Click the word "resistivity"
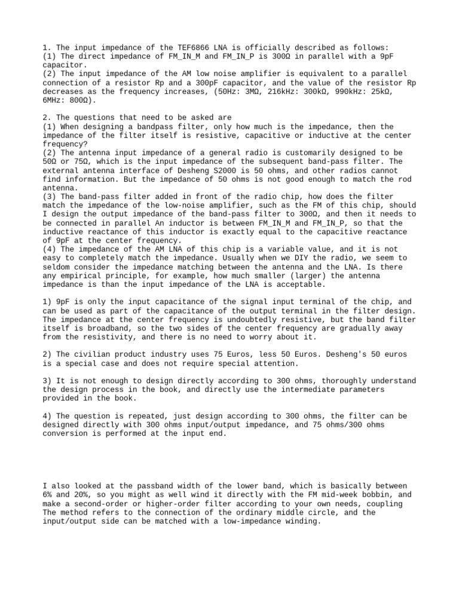coord(93,337)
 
